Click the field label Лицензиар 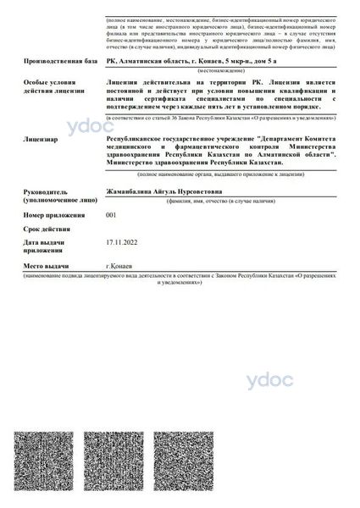click(42, 136)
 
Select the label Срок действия click(47, 229)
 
